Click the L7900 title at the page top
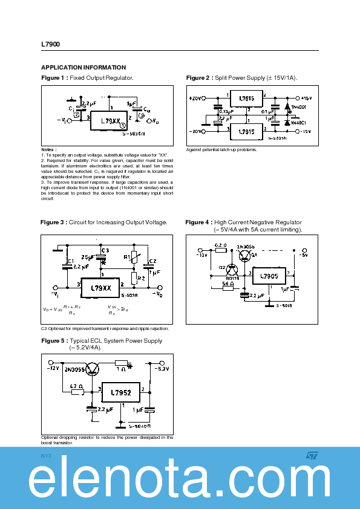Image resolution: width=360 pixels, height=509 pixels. pyautogui.click(x=51, y=44)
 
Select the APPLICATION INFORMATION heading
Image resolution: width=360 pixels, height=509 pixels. pyautogui.click(x=83, y=68)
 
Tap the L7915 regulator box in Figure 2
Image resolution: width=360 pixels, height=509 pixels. pyautogui.click(x=246, y=131)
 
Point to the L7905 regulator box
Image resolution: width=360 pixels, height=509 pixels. pyautogui.click(x=269, y=277)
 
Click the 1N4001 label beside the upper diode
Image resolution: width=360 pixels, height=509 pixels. pyautogui.click(x=298, y=107)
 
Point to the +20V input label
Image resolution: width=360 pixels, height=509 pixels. pyautogui.click(x=196, y=98)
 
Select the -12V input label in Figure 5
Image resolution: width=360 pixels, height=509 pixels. pyautogui.click(x=54, y=368)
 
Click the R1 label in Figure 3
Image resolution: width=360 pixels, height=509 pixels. pyautogui.click(x=126, y=257)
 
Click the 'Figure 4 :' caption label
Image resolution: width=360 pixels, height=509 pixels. pyautogui.click(x=198, y=222)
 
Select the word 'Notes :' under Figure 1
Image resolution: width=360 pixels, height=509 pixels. pyautogui.click(x=49, y=149)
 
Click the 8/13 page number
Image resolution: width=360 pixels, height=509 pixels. pyautogui.click(x=46, y=455)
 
